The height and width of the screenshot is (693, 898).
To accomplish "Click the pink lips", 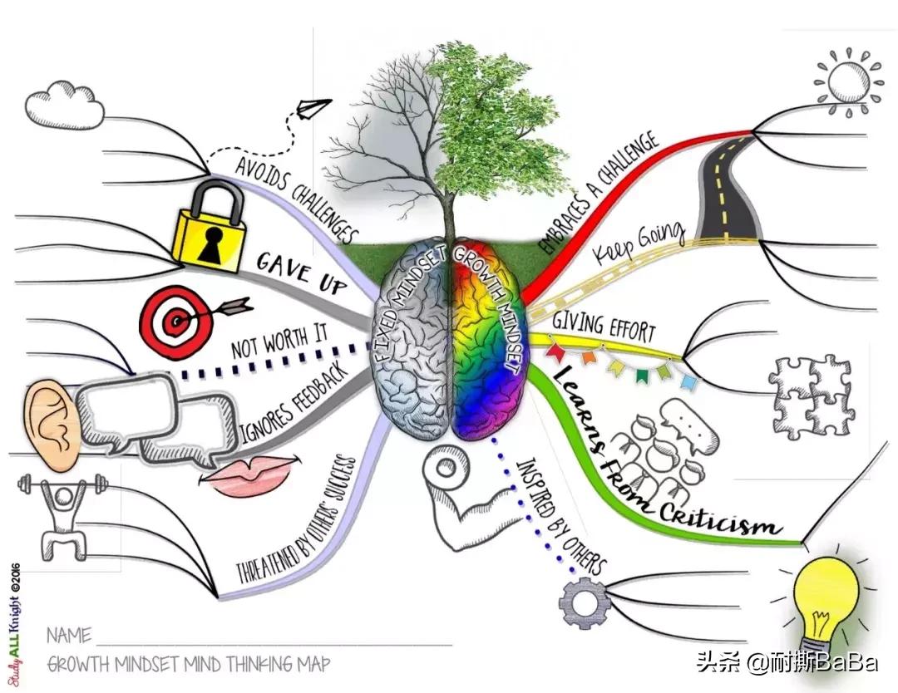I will pos(249,475).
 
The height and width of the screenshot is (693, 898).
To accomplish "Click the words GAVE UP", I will pos(301,273).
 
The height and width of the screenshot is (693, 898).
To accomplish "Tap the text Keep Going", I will pos(640,241).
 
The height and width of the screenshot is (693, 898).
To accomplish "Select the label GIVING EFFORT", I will pos(604,325).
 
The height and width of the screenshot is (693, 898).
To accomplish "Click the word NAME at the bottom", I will pos(69,636).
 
